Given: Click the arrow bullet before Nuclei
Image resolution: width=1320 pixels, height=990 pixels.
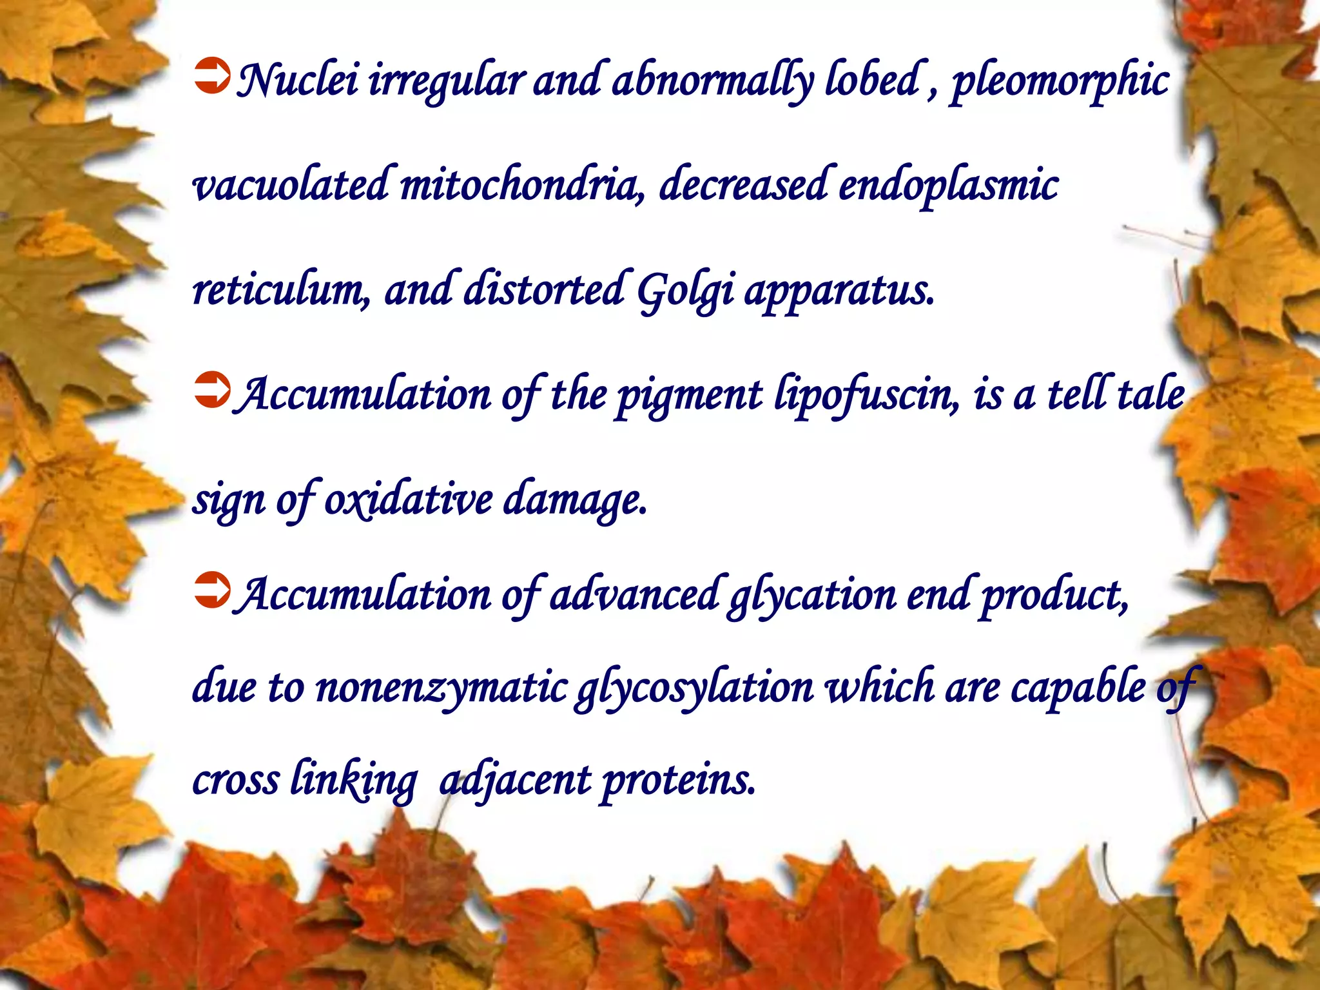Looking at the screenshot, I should click(x=211, y=77).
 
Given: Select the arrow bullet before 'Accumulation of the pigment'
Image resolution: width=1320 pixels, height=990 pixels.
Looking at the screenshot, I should click(x=211, y=391).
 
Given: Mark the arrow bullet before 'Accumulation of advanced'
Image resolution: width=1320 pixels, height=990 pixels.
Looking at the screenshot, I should click(x=211, y=590).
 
